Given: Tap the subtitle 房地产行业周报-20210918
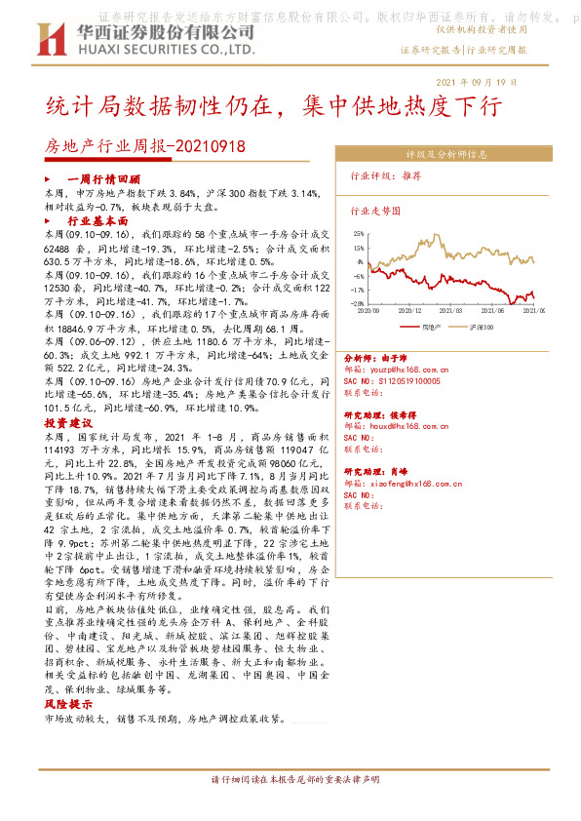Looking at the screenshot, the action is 146,146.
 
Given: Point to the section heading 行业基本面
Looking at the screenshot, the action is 97,221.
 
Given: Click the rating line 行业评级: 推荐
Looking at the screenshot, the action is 385,176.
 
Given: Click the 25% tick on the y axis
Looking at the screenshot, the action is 360,234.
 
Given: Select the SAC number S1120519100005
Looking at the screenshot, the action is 403,381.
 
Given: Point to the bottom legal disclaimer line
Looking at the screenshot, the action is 290,780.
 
